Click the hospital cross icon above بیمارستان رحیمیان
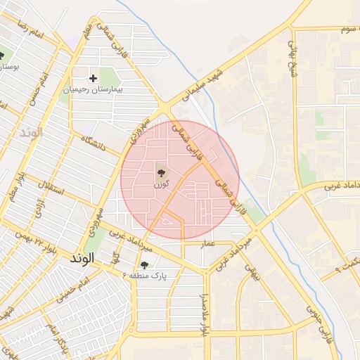(93, 78)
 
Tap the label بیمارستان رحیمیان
(93, 90)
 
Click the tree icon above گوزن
(161, 171)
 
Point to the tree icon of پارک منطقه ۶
(144, 265)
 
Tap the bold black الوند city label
(82, 258)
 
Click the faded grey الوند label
(32, 131)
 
